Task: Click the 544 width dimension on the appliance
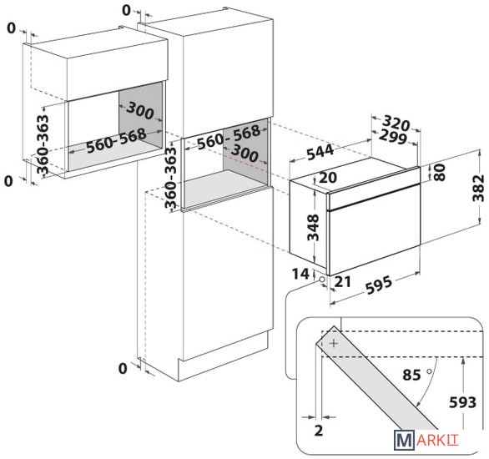(x=320, y=153)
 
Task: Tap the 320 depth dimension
(x=396, y=123)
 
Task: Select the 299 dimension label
(x=393, y=137)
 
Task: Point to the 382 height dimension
(x=479, y=188)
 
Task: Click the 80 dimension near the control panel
(x=440, y=172)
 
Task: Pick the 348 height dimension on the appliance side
(x=313, y=227)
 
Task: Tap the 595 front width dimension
(x=379, y=285)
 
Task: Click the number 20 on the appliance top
(x=328, y=178)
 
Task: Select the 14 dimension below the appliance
(x=300, y=274)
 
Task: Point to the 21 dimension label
(x=342, y=281)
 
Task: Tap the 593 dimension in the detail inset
(x=462, y=402)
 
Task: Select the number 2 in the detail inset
(x=319, y=431)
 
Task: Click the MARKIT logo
(x=426, y=440)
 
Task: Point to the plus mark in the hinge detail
(x=334, y=343)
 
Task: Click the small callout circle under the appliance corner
(x=321, y=280)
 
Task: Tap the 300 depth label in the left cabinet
(x=140, y=110)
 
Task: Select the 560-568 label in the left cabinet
(x=116, y=140)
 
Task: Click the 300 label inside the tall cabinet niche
(x=244, y=153)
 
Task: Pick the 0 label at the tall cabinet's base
(x=123, y=369)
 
